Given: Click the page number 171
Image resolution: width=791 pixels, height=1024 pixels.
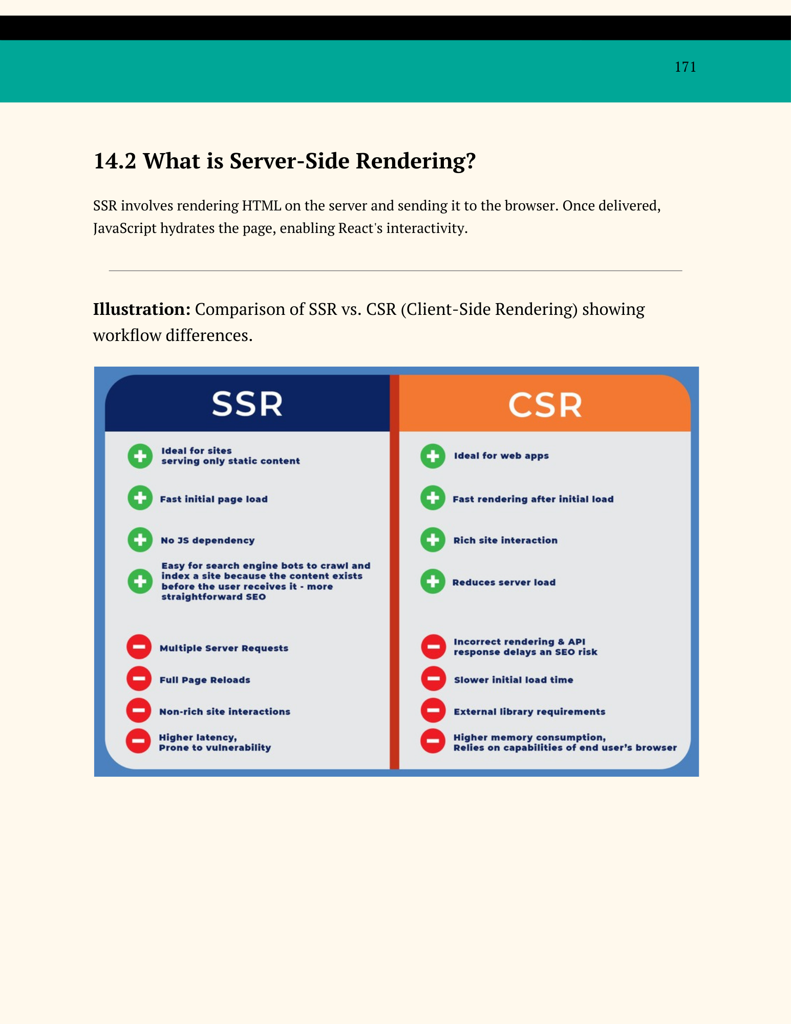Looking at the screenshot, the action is pyautogui.click(x=685, y=67).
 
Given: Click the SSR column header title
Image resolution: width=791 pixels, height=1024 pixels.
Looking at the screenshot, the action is pyautogui.click(x=247, y=404).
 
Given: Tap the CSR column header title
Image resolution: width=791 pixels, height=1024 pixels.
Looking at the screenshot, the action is pyautogui.click(x=545, y=405).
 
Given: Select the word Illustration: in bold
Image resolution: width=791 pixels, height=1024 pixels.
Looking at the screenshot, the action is pyautogui.click(x=142, y=309).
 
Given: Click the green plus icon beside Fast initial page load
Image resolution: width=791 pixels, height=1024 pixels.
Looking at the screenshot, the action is pyautogui.click(x=140, y=498).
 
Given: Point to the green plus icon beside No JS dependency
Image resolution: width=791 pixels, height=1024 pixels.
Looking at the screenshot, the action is pyautogui.click(x=140, y=540).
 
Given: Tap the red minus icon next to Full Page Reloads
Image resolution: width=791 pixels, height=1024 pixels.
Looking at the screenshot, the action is pyautogui.click(x=139, y=679).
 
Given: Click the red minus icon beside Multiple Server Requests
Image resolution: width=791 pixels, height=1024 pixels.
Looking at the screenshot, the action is pyautogui.click(x=139, y=647).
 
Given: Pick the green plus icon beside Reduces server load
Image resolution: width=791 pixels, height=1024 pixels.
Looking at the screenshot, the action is pyautogui.click(x=433, y=582).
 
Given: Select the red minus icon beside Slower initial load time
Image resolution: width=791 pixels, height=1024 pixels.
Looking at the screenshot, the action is pyautogui.click(x=433, y=679).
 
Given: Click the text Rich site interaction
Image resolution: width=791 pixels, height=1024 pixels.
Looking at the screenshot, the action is pyautogui.click(x=505, y=540).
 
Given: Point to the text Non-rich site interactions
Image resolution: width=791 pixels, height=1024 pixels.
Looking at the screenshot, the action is pyautogui.click(x=225, y=712).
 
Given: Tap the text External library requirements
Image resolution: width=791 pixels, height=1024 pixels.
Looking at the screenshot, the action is pyautogui.click(x=529, y=712).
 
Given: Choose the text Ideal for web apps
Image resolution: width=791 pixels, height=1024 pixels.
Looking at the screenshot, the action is pyautogui.click(x=501, y=456).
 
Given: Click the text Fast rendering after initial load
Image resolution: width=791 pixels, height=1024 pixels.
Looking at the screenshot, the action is pyautogui.click(x=533, y=499).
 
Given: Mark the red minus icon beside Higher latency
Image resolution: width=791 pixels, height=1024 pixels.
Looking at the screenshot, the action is pyautogui.click(x=138, y=741).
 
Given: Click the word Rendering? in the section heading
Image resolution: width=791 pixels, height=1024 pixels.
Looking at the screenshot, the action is pyautogui.click(x=416, y=161).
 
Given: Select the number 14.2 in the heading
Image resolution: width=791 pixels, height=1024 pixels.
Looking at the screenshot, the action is pyautogui.click(x=115, y=161).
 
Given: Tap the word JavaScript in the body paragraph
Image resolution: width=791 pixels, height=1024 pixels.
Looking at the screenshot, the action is pyautogui.click(x=125, y=228).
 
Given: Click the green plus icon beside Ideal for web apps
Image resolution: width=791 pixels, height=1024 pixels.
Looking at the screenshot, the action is pyautogui.click(x=433, y=456).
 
